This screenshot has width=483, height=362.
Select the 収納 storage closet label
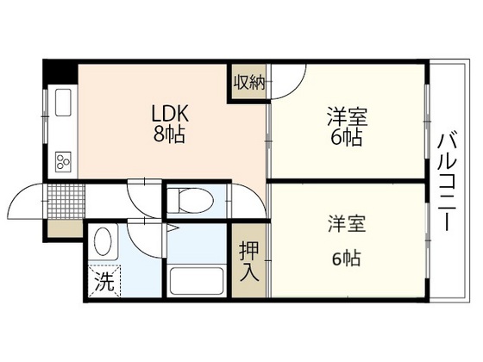[248, 82]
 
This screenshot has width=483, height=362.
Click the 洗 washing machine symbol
[103, 280]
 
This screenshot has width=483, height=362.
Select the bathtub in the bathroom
[198, 281]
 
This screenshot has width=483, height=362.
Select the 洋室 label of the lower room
[347, 224]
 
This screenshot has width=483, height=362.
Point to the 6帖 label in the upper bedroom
[347, 138]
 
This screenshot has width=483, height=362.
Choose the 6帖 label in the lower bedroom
[347, 258]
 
